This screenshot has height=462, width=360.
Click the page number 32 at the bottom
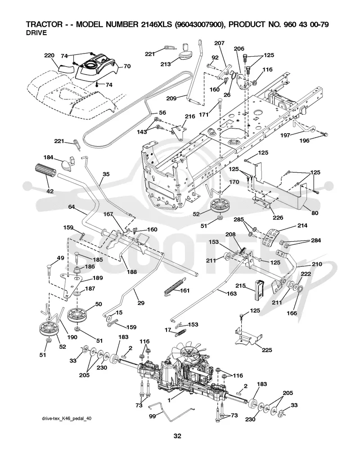(x=177, y=436)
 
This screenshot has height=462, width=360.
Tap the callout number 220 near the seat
(x=49, y=55)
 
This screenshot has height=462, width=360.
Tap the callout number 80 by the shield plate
(x=315, y=213)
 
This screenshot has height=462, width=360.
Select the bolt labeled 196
(x=324, y=134)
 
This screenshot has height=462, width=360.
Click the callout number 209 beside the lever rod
(x=171, y=98)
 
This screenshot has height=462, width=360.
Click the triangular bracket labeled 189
(x=72, y=285)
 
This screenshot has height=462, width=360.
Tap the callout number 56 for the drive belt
(x=162, y=112)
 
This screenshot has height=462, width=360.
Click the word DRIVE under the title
(x=36, y=33)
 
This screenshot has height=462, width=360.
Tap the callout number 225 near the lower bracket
(x=267, y=350)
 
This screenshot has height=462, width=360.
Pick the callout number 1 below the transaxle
(x=169, y=401)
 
